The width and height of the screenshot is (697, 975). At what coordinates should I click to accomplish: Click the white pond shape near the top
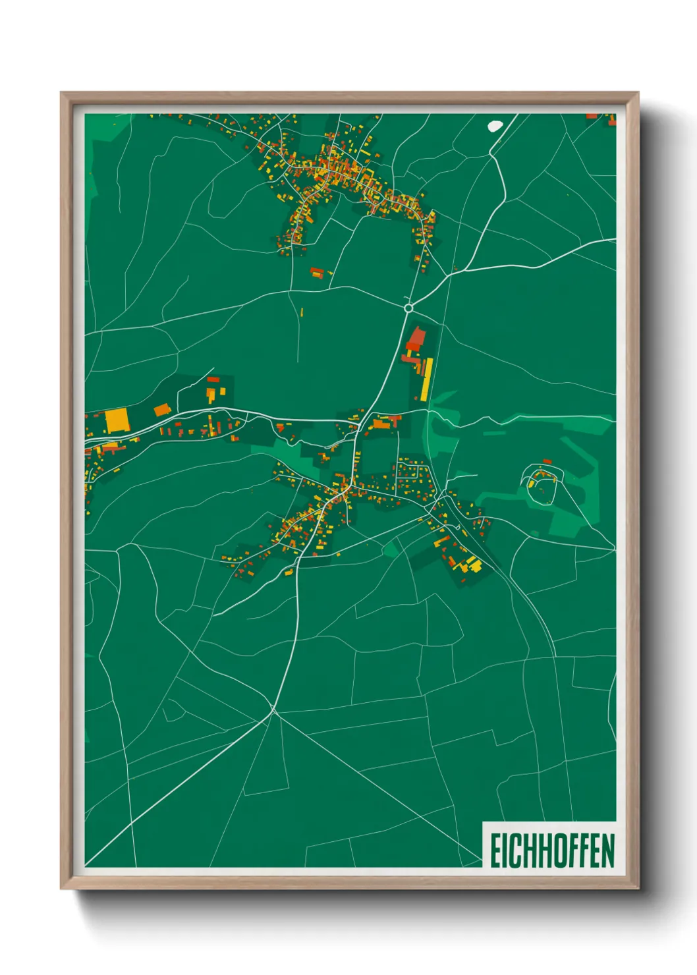coord(495,125)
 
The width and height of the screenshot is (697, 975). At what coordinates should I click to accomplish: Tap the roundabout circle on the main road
coord(408,307)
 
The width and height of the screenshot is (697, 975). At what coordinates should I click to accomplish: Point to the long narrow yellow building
coord(426,379)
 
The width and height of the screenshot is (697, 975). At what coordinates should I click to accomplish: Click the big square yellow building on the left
coord(117,420)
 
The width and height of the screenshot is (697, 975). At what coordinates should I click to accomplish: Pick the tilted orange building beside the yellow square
coord(162,410)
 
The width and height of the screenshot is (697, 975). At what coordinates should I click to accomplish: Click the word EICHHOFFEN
coord(552,850)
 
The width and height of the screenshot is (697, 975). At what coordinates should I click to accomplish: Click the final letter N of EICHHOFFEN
coord(607,850)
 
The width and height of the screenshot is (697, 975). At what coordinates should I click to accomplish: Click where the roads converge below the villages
coord(273,710)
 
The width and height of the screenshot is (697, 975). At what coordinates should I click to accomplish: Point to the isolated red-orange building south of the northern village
coord(318,271)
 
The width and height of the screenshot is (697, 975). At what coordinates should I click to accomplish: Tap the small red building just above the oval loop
coord(546,462)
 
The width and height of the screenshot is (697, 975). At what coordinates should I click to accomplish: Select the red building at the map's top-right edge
coord(592,117)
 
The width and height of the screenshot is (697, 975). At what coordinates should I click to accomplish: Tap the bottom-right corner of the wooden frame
coord(638,888)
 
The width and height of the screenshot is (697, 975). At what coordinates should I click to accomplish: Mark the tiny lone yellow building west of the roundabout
coord(302,312)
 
